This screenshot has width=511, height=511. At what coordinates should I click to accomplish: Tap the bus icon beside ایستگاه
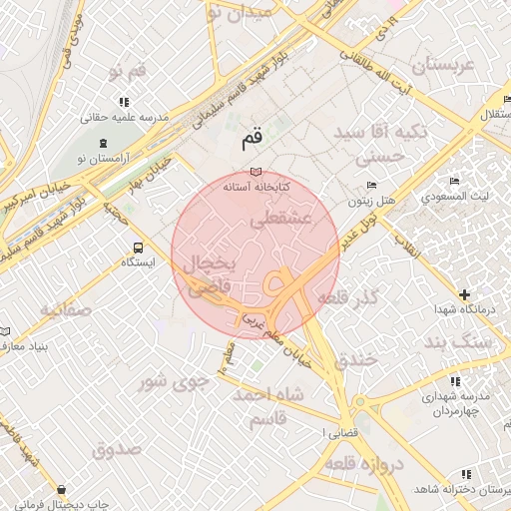[137, 248]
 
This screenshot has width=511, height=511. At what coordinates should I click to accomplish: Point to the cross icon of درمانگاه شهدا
[464, 294]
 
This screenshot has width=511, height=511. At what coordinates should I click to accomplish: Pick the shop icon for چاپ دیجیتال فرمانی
[64, 490]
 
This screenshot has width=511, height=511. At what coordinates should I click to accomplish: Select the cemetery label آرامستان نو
[99, 159]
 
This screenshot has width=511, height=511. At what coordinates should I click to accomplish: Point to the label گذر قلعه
[351, 298]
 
